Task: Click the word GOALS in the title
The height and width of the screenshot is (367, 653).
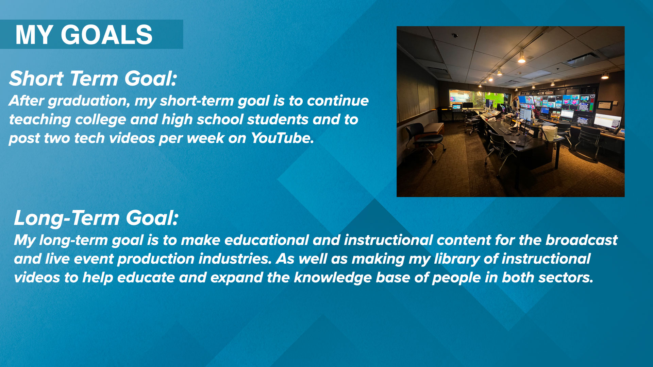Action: (106, 35)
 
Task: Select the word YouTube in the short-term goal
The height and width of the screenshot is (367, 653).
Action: (282, 138)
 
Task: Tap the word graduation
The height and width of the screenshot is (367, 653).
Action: (89, 101)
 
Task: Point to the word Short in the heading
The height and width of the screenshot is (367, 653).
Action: (36, 78)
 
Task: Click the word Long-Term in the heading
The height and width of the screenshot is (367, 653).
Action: (67, 218)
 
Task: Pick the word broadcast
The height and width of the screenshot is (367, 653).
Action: (582, 240)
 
